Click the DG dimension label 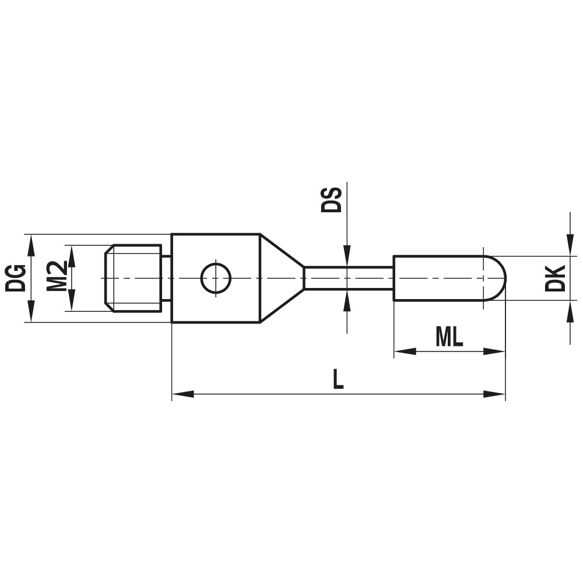(15, 278)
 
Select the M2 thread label (56, 278)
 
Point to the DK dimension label (555, 278)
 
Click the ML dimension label (449, 337)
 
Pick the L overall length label (338, 380)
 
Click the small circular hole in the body (216, 278)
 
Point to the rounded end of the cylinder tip (496, 278)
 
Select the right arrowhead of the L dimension (496, 395)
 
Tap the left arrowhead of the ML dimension (403, 352)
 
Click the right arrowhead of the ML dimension (494, 352)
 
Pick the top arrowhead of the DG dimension (31, 243)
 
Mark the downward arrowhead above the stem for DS (347, 255)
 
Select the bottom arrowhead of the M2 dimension (72, 303)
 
